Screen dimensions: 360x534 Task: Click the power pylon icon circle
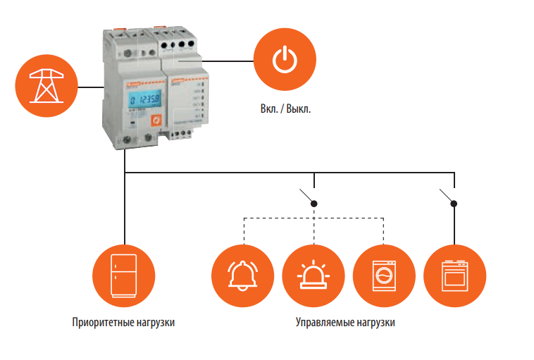[46, 87]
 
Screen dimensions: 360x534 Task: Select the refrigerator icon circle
[123, 275]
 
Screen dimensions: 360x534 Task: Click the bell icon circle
[242, 275]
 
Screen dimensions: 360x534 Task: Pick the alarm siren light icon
[313, 275]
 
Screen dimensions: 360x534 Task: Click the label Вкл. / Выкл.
[285, 110]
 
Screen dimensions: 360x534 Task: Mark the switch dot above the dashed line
[314, 204]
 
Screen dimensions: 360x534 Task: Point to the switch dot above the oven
[455, 204]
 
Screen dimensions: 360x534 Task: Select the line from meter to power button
[225, 61]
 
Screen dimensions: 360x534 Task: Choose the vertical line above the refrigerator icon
[124, 211]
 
